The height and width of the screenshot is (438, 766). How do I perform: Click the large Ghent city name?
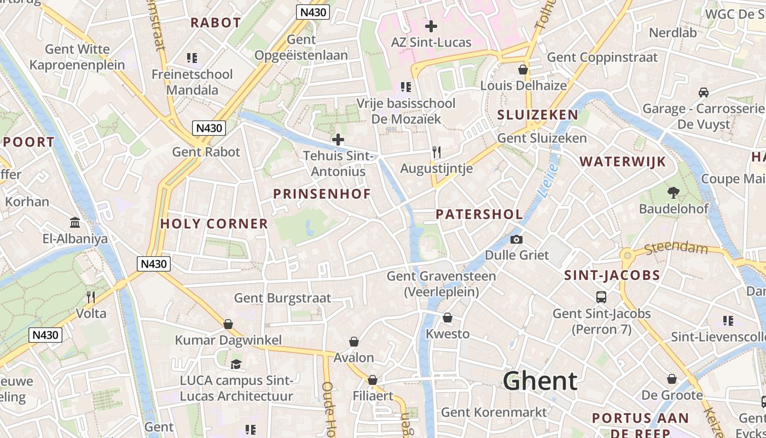pos(540,381)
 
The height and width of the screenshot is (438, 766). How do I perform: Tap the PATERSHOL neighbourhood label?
pos(479,214)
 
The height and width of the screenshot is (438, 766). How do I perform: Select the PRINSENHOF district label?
pos(322,194)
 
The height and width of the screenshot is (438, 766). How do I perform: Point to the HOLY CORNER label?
pos(214,223)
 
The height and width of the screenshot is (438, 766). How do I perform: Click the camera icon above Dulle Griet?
pos(516,239)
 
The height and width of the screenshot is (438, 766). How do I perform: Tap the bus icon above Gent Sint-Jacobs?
pos(601,297)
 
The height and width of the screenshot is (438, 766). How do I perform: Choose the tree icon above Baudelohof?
pos(673,192)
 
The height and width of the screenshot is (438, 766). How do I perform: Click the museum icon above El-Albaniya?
pos(75,222)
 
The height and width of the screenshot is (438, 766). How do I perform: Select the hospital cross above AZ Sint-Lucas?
pos(431,26)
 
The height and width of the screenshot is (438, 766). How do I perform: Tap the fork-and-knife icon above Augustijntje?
pos(436,152)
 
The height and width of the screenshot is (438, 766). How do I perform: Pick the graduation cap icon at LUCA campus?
pos(236,364)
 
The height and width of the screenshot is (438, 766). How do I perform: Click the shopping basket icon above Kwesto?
pos(448,318)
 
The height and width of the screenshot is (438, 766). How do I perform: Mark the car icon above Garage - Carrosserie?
pos(704,92)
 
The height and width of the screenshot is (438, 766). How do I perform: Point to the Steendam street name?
pos(676,249)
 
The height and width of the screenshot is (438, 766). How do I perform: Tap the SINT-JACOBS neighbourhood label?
pos(612,275)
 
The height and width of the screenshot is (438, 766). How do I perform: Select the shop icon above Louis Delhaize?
pos(523,70)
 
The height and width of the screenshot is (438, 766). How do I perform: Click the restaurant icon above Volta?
pos(91,297)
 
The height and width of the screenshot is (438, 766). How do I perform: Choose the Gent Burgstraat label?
pos(282,298)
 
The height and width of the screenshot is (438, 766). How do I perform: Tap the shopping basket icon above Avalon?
pos(354,342)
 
